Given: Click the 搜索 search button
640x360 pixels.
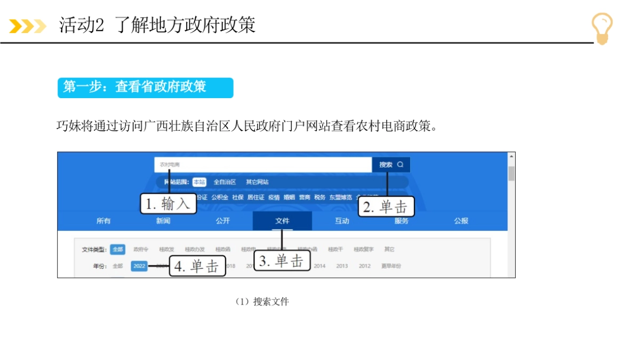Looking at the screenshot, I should pos(391,165).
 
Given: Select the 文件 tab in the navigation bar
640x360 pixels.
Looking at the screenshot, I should pos(282,221).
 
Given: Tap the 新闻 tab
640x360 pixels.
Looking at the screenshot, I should pos(163,221).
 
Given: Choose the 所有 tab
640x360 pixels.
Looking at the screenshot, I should pos(103,221).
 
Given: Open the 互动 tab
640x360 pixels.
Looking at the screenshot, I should pos(342,221).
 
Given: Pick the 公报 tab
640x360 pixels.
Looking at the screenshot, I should pos(461,221).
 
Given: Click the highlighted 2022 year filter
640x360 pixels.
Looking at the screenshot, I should pos(139,266).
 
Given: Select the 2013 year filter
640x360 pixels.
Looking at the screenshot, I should pos(342,266).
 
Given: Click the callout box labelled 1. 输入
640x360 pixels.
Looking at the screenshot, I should pos(168,203).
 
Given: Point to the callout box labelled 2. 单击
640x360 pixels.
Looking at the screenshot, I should pos(386,207).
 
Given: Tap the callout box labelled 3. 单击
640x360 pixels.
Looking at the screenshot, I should pos(282,261).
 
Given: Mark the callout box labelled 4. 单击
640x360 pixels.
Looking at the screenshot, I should pos(198,266).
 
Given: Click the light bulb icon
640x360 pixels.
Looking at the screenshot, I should pos(602,28).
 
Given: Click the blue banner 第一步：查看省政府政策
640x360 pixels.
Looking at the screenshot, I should pos(145,87).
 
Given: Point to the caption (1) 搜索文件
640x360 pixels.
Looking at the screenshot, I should pos(262,302).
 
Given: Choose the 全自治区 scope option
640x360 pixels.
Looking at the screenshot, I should pos(225,182).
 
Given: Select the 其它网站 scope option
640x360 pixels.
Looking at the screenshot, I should pos(257,182).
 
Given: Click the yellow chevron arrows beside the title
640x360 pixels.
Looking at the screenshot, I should pos(28,26).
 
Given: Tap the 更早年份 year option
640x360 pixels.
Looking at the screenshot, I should pos(391,266).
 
